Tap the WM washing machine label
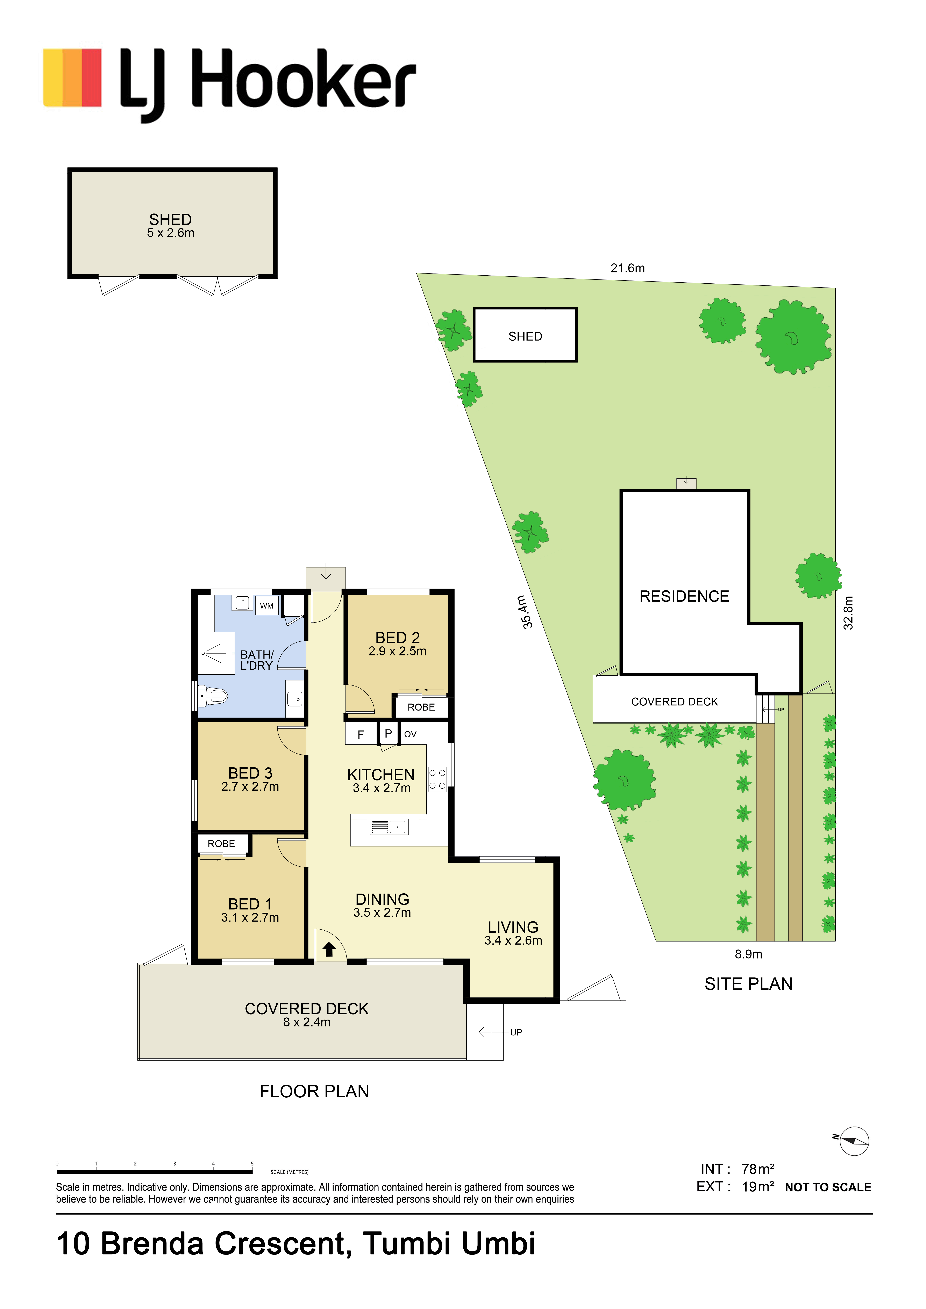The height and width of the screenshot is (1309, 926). (266, 605)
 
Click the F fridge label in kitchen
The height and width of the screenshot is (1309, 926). (361, 734)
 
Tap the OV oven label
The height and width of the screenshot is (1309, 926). (410, 734)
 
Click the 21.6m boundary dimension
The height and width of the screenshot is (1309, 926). (628, 268)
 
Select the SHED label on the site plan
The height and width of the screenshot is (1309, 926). (525, 336)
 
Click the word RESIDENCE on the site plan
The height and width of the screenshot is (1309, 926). (684, 596)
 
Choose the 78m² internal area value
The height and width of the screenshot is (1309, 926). (758, 1169)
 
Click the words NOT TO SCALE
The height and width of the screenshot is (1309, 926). (828, 1188)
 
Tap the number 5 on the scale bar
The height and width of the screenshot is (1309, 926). (252, 1164)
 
